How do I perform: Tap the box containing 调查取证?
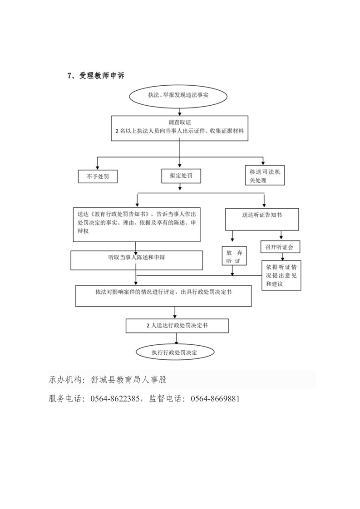pos(181,127)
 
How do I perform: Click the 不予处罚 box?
pos(98,176)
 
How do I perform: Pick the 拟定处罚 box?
pos(180,176)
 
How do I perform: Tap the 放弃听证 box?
pos(233,257)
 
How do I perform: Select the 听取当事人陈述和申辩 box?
pos(136,259)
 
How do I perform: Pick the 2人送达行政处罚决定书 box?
pos(177,325)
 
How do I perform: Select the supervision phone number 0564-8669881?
pos(215,399)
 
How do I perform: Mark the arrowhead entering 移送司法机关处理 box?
pos(264,163)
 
